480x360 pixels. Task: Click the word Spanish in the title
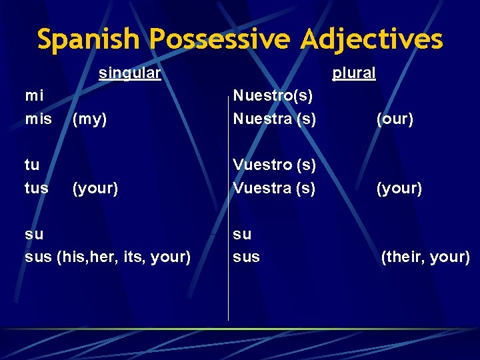click(90, 39)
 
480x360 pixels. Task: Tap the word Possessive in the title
click(219, 39)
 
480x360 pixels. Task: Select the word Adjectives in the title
click(371, 39)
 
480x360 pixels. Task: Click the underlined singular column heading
click(129, 73)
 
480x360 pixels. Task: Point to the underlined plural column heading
click(354, 73)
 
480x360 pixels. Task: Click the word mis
click(38, 119)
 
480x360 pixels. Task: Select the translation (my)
click(90, 119)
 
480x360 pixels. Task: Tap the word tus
click(37, 188)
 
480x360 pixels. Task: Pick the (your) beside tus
click(95, 188)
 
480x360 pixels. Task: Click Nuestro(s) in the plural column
click(273, 96)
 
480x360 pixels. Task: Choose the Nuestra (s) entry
click(274, 119)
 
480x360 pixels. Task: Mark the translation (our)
click(395, 119)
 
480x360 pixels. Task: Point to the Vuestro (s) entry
click(274, 165)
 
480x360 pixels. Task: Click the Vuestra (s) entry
click(274, 188)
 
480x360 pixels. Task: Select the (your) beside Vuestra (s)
click(399, 188)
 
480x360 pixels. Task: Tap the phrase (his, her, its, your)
click(124, 257)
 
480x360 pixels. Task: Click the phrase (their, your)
click(425, 257)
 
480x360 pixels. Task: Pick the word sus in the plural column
click(246, 257)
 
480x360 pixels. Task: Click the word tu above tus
click(32, 165)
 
